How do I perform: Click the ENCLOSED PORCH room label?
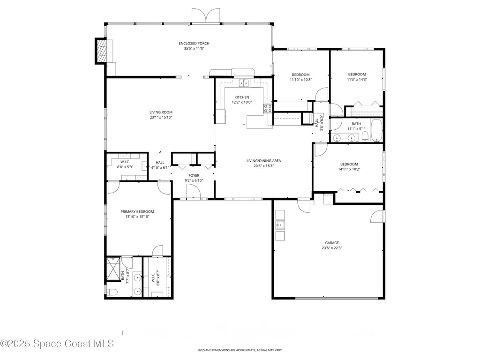point(194,43)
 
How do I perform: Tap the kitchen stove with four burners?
point(268,109)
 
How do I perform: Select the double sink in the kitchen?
point(244,83)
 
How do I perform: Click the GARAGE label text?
point(330,243)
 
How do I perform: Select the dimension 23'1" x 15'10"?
point(161,118)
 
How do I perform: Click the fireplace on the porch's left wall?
point(102,51)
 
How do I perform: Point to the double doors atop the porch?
point(205,15)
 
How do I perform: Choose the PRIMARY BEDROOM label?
point(137,211)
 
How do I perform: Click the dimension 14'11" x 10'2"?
point(349,169)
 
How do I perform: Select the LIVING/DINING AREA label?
point(263,161)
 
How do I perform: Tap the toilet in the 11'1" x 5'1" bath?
point(364,137)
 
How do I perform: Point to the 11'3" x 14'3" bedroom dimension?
point(357,79)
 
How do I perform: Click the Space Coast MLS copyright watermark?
point(57,344)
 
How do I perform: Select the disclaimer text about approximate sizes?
point(240,350)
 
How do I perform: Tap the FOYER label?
point(194,175)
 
